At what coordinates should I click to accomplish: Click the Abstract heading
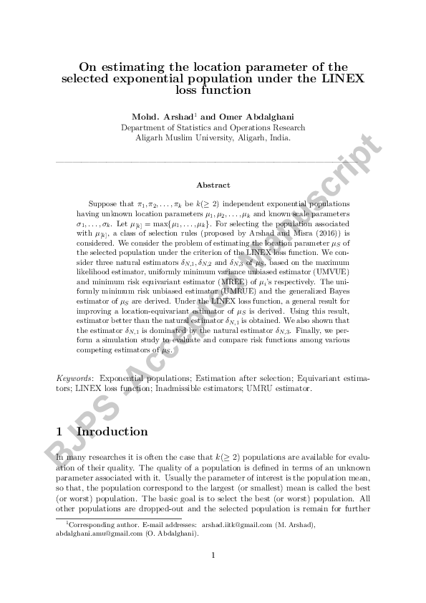tap(213, 185)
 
